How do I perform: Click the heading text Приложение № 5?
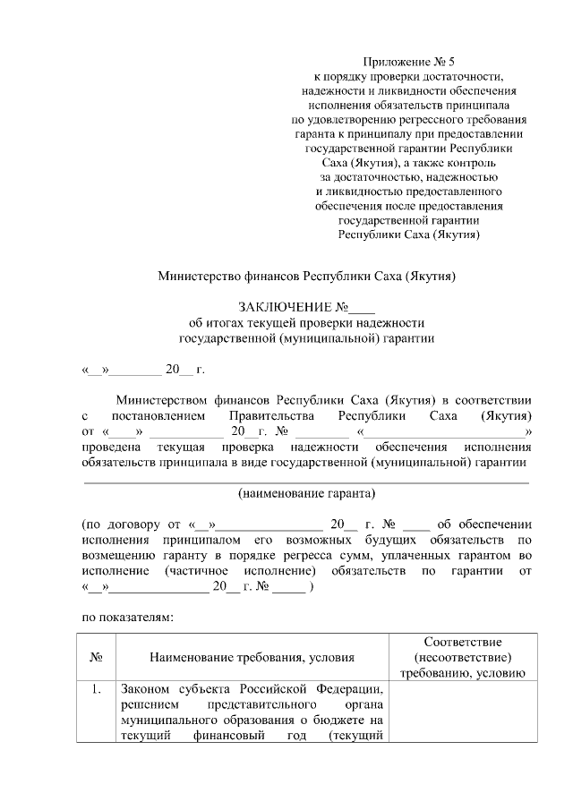tap(410, 62)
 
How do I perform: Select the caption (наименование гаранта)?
tap(306, 494)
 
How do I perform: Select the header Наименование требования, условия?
tap(252, 658)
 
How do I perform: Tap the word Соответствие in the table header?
tap(462, 643)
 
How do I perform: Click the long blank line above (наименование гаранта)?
tap(306, 482)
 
